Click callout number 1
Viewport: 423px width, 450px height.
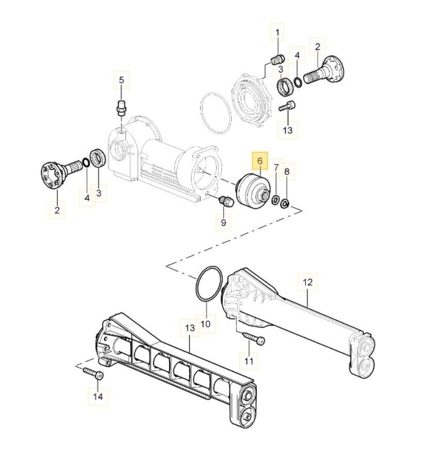278,32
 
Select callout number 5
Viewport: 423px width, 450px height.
121,80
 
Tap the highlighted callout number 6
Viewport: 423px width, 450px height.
260,161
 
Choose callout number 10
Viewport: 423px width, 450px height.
205,324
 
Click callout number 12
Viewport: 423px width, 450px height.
307,282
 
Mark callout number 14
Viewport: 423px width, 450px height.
98,396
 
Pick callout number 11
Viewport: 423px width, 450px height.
249,361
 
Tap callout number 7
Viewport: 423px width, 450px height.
276,167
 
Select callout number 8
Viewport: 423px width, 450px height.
287,172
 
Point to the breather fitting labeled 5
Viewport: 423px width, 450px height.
122,108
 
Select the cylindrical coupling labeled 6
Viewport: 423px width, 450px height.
252,190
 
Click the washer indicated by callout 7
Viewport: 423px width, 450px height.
275,199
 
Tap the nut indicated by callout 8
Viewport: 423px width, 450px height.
285,204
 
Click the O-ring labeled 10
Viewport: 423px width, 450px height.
209,284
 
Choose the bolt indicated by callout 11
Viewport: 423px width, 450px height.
254,338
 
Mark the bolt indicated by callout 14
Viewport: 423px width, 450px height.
93,373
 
